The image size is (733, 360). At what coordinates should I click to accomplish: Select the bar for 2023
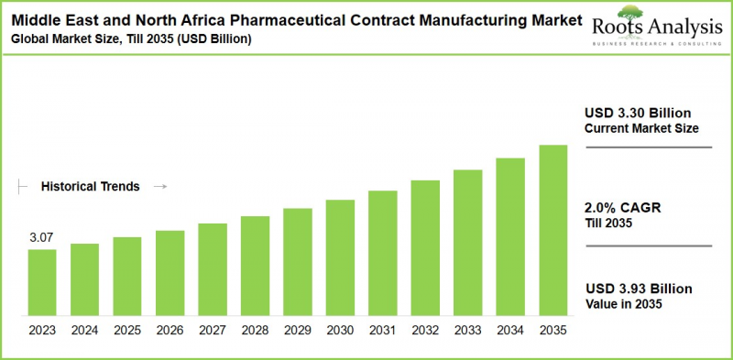coord(41,283)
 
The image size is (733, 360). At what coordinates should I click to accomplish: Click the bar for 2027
coord(212,270)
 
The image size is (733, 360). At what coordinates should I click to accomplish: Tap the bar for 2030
coord(339,258)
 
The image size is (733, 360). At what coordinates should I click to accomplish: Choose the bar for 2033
coord(467,243)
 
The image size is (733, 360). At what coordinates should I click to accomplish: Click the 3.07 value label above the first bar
coord(40,238)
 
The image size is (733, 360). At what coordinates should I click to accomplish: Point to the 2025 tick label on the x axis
coord(126,329)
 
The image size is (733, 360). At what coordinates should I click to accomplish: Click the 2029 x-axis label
coord(297,329)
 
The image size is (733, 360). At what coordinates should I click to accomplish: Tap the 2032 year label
coord(425,329)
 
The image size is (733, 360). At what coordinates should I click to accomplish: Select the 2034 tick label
coord(510,329)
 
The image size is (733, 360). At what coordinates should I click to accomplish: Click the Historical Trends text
coord(90,186)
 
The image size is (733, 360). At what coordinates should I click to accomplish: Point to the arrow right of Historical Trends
coord(159,186)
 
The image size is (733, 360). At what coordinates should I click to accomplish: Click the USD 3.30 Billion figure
coord(639,113)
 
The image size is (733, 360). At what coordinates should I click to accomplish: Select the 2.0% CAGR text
coord(622,207)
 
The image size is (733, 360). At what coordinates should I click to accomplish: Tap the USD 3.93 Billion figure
coord(639,289)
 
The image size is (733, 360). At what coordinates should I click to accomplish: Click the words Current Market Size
coord(641,128)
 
